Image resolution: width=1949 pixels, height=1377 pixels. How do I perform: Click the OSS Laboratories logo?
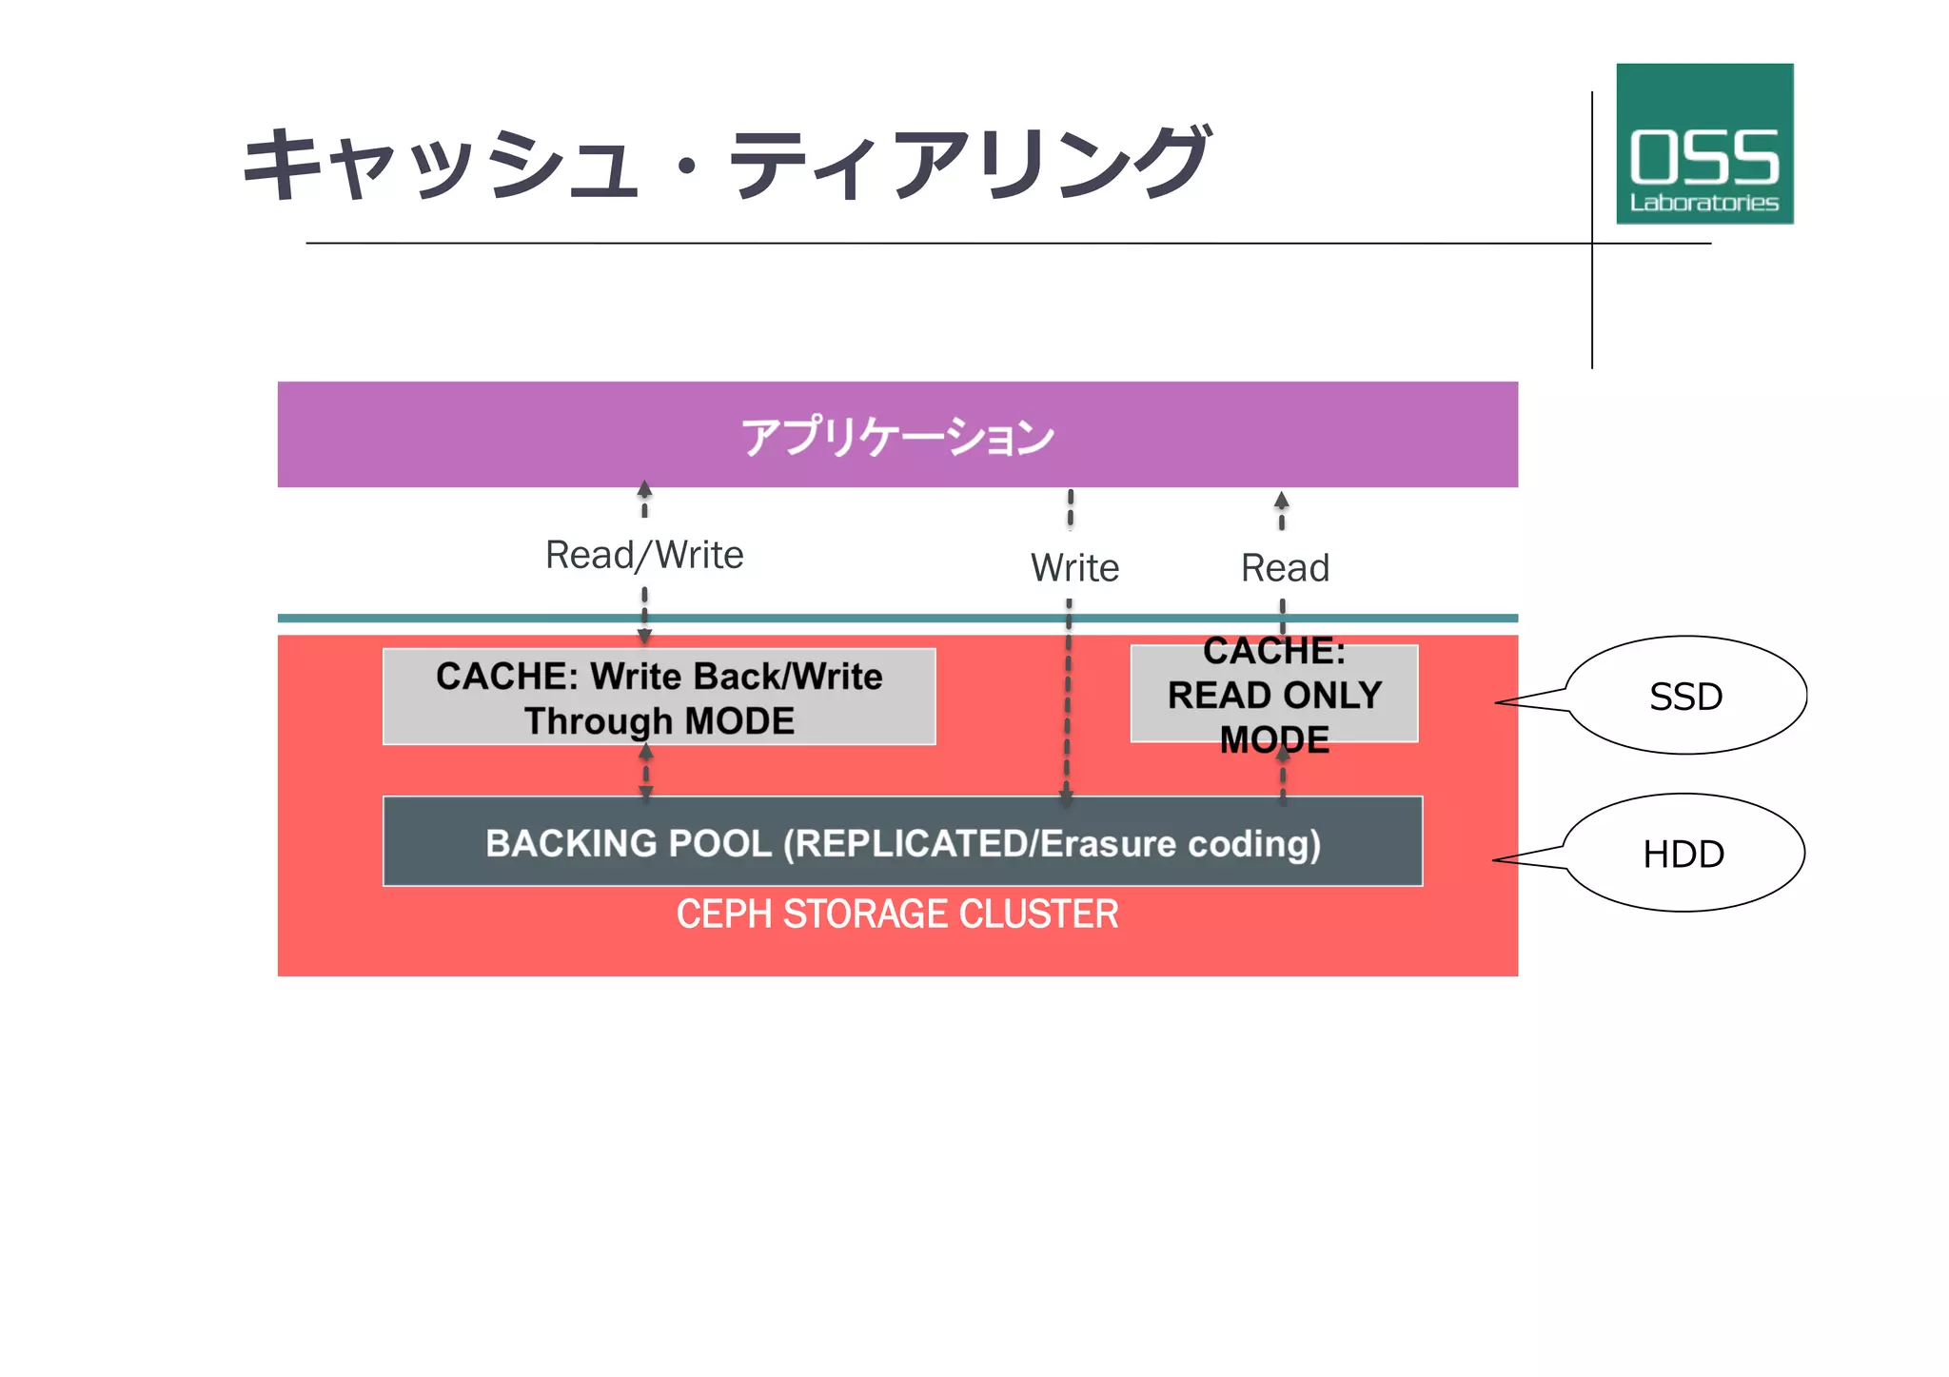[1703, 144]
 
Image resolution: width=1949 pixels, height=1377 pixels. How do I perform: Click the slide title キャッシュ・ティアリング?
[725, 164]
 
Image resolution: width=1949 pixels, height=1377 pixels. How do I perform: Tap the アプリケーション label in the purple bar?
[897, 437]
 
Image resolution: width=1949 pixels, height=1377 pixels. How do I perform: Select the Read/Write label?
[644, 555]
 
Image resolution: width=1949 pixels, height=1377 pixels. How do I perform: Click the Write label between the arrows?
[1074, 568]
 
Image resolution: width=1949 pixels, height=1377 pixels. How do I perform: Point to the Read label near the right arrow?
[1285, 568]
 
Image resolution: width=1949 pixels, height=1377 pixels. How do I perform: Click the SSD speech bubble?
[1684, 697]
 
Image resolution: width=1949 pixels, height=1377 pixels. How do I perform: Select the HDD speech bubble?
[1683, 854]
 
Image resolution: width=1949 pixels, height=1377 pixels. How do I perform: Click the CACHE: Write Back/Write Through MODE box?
[659, 698]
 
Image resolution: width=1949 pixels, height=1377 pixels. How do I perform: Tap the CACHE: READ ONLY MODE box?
[1273, 695]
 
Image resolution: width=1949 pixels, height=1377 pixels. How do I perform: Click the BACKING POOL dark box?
[902, 842]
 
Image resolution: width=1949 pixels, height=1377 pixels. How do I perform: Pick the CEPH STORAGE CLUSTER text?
[896, 915]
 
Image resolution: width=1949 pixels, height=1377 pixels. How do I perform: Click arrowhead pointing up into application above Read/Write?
[644, 489]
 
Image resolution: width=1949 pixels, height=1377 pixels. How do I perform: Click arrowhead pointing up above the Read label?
[1282, 501]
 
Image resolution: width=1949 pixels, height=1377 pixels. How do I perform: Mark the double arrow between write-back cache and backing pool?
[646, 771]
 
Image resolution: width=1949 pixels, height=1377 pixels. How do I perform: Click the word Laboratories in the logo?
[1703, 203]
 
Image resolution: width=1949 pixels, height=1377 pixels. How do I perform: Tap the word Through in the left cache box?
[598, 721]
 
